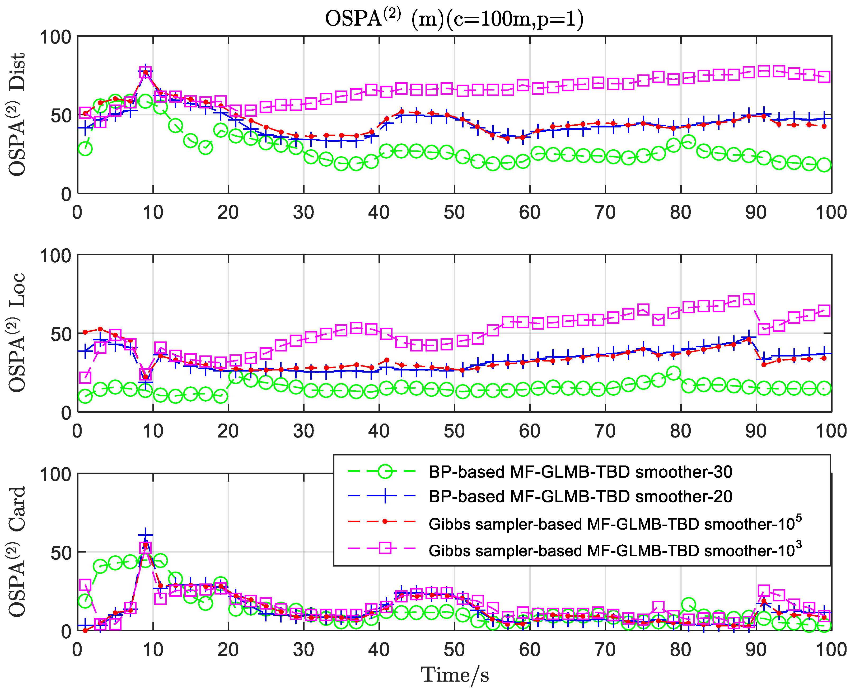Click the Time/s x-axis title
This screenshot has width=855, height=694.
coord(455,675)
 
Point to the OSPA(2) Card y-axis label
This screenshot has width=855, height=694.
coord(17,552)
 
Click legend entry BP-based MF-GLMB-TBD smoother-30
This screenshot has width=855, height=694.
coord(580,472)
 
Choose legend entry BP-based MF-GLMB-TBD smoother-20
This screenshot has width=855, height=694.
coord(580,497)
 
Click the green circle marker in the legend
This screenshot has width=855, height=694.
coord(385,472)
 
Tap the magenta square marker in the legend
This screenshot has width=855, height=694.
coord(385,548)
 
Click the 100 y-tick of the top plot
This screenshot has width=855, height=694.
coord(55,37)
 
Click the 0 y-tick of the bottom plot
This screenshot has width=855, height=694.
coord(66,632)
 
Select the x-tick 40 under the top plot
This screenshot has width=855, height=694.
coord(379,212)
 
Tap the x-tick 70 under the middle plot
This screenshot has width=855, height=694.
coord(605,431)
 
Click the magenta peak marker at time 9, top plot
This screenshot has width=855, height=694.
coord(146,73)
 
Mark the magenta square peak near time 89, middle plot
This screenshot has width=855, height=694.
coord(749,299)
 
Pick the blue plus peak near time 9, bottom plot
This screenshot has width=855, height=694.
coord(146,535)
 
